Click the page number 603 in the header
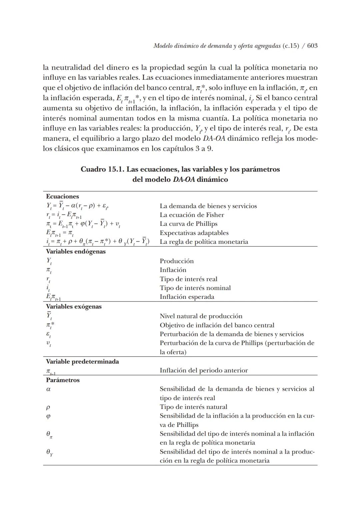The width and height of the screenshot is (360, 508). (312, 46)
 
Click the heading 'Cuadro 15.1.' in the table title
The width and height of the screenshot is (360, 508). (102, 169)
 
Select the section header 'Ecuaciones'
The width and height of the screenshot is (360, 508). (62, 196)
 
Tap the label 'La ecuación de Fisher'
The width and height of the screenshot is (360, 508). (192, 215)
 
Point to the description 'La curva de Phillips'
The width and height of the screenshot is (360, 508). (188, 224)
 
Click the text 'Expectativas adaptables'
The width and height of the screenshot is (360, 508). (194, 233)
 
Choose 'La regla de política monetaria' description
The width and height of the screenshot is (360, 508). (204, 242)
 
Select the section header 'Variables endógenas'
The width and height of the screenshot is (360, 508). (76, 251)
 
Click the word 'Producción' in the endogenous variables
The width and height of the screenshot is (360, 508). (176, 261)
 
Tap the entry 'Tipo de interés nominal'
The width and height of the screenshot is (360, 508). (195, 288)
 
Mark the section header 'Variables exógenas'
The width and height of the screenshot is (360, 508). (74, 307)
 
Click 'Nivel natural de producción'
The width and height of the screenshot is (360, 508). (201, 316)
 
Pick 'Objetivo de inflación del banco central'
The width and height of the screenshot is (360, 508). (217, 325)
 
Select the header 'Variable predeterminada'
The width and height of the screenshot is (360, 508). (82, 362)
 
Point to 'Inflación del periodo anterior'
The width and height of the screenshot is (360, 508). (204, 370)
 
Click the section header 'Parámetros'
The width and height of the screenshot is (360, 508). (63, 380)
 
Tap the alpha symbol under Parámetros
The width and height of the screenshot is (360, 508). (48, 389)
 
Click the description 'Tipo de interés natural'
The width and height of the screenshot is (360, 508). (193, 407)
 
